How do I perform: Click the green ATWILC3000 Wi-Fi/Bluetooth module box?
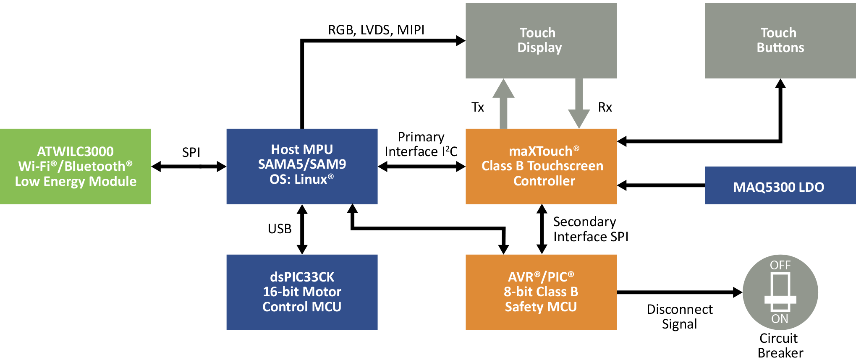[76, 166]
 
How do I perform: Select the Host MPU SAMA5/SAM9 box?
[302, 166]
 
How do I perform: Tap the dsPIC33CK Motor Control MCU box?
[302, 292]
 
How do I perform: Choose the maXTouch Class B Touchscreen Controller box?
[541, 166]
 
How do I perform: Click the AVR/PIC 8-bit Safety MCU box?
[541, 292]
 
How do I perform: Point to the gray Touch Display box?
[541, 40]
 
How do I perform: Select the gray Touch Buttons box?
[780, 40]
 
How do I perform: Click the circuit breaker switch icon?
[780, 292]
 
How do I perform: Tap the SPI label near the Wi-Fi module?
[191, 152]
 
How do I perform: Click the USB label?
[280, 229]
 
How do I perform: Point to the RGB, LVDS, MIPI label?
[376, 30]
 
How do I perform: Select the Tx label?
[478, 107]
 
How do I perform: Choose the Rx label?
[605, 107]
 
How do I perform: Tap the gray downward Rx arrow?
[579, 103]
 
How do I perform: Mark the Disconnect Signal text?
[680, 316]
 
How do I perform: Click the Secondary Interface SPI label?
[590, 229]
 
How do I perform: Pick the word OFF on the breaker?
[780, 265]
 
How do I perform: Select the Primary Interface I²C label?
[421, 144]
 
